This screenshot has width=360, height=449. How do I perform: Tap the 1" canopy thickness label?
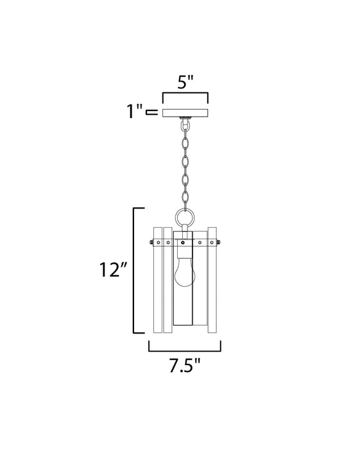(x=135, y=113)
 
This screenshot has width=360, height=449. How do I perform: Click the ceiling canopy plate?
(x=185, y=113)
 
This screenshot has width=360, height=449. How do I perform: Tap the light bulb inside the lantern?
(x=184, y=273)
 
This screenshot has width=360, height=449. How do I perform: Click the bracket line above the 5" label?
(x=185, y=95)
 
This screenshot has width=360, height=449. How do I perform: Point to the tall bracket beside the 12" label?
(x=135, y=270)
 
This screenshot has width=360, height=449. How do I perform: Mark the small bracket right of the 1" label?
(x=152, y=113)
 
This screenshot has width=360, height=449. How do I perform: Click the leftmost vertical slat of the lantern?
(x=157, y=279)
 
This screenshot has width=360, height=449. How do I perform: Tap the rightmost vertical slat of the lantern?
(x=213, y=279)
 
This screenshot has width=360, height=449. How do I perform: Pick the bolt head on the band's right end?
(x=220, y=242)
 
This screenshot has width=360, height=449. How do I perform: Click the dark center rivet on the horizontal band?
(x=184, y=242)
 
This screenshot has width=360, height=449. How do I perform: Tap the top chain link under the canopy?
(x=185, y=129)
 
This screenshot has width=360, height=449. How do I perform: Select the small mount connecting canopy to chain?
(x=185, y=119)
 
